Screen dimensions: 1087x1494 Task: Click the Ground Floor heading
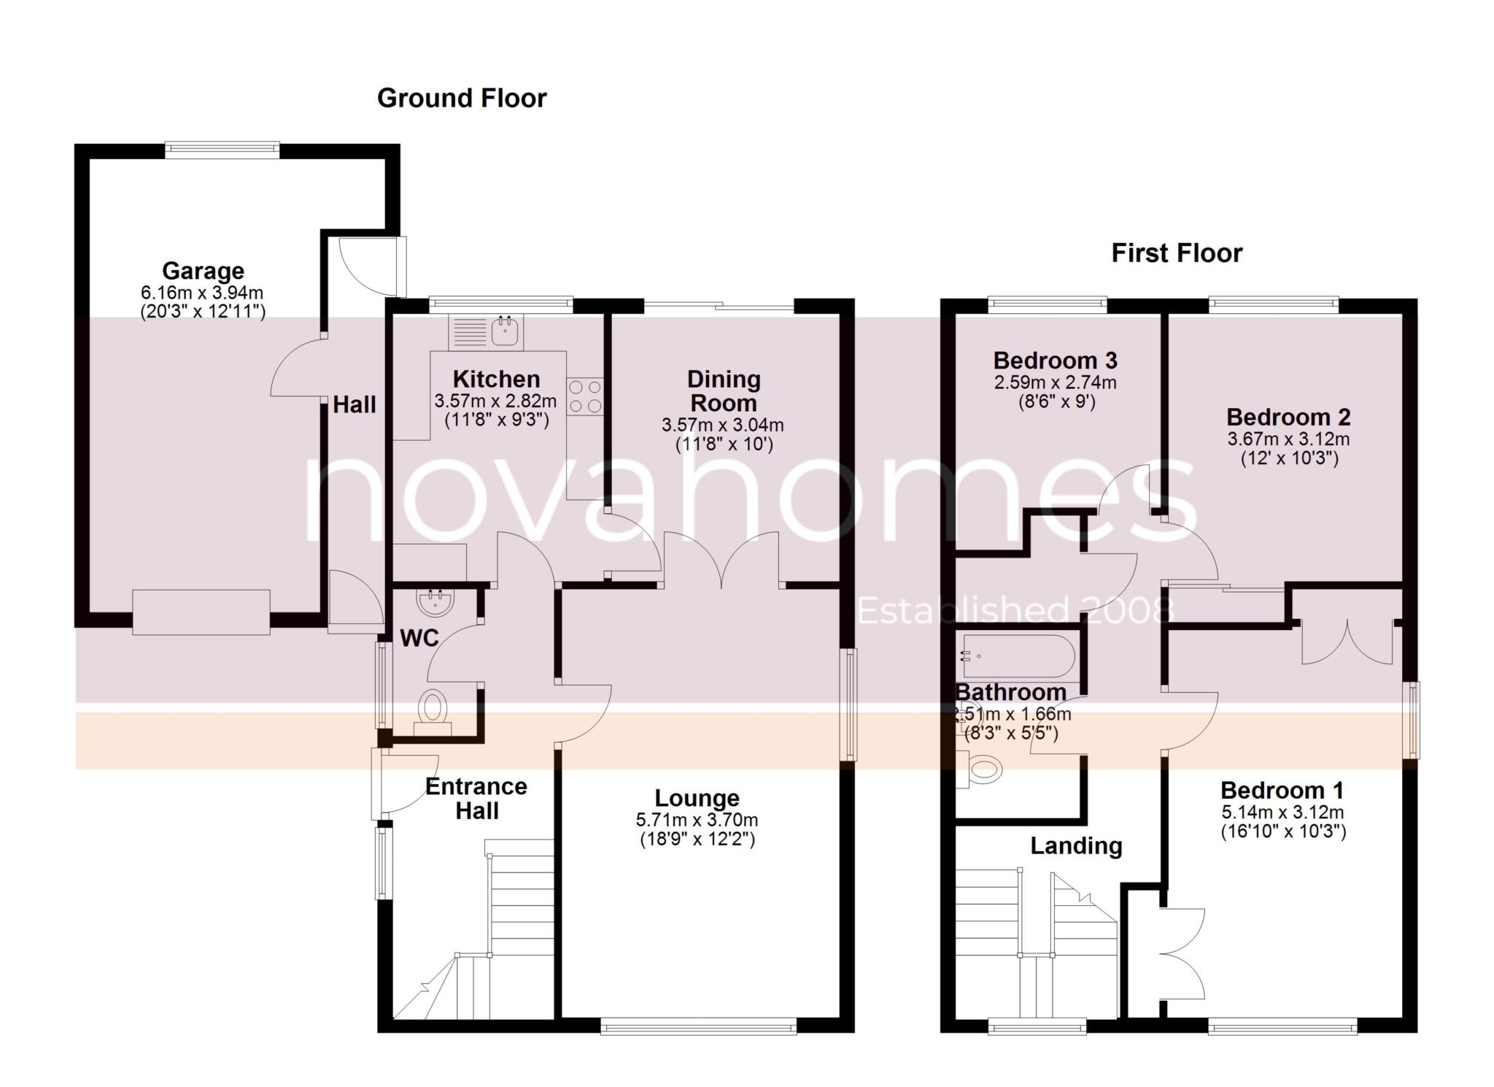click(x=461, y=98)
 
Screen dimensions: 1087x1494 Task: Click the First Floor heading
click(x=1176, y=253)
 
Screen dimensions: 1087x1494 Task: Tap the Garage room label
click(x=203, y=271)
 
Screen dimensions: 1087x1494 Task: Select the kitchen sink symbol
click(x=505, y=332)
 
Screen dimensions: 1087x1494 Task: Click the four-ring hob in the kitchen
click(x=585, y=396)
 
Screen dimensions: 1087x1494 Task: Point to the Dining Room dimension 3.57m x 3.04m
click(x=722, y=425)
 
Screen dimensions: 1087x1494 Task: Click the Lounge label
click(x=697, y=798)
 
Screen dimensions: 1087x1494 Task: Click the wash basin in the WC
click(x=436, y=603)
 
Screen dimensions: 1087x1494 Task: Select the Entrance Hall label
click(x=476, y=798)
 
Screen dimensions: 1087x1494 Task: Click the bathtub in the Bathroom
click(x=1018, y=656)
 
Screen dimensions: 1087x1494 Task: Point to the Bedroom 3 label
click(x=1055, y=361)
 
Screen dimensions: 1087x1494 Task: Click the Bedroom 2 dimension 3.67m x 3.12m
click(x=1288, y=439)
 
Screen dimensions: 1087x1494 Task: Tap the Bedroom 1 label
click(x=1282, y=790)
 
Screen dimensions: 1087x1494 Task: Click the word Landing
click(x=1076, y=846)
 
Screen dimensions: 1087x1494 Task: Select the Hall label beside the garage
click(x=355, y=404)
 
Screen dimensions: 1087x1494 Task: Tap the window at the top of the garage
click(x=222, y=150)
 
